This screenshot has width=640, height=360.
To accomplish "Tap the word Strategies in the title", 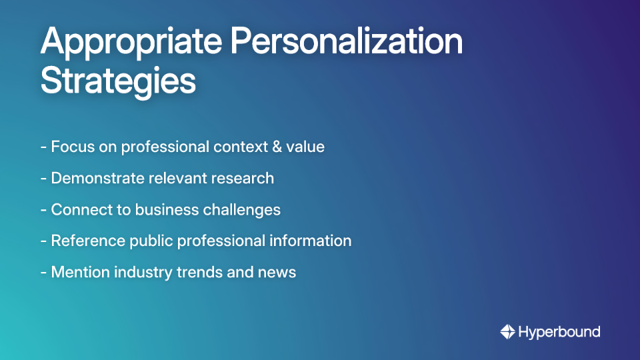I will point(118,82).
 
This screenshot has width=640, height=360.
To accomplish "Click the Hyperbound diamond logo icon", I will point(507,331).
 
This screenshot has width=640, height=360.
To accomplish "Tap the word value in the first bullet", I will point(305,147).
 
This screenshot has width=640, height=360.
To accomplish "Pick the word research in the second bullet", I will point(243,178).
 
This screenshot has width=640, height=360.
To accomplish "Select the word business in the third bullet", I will point(162,209).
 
